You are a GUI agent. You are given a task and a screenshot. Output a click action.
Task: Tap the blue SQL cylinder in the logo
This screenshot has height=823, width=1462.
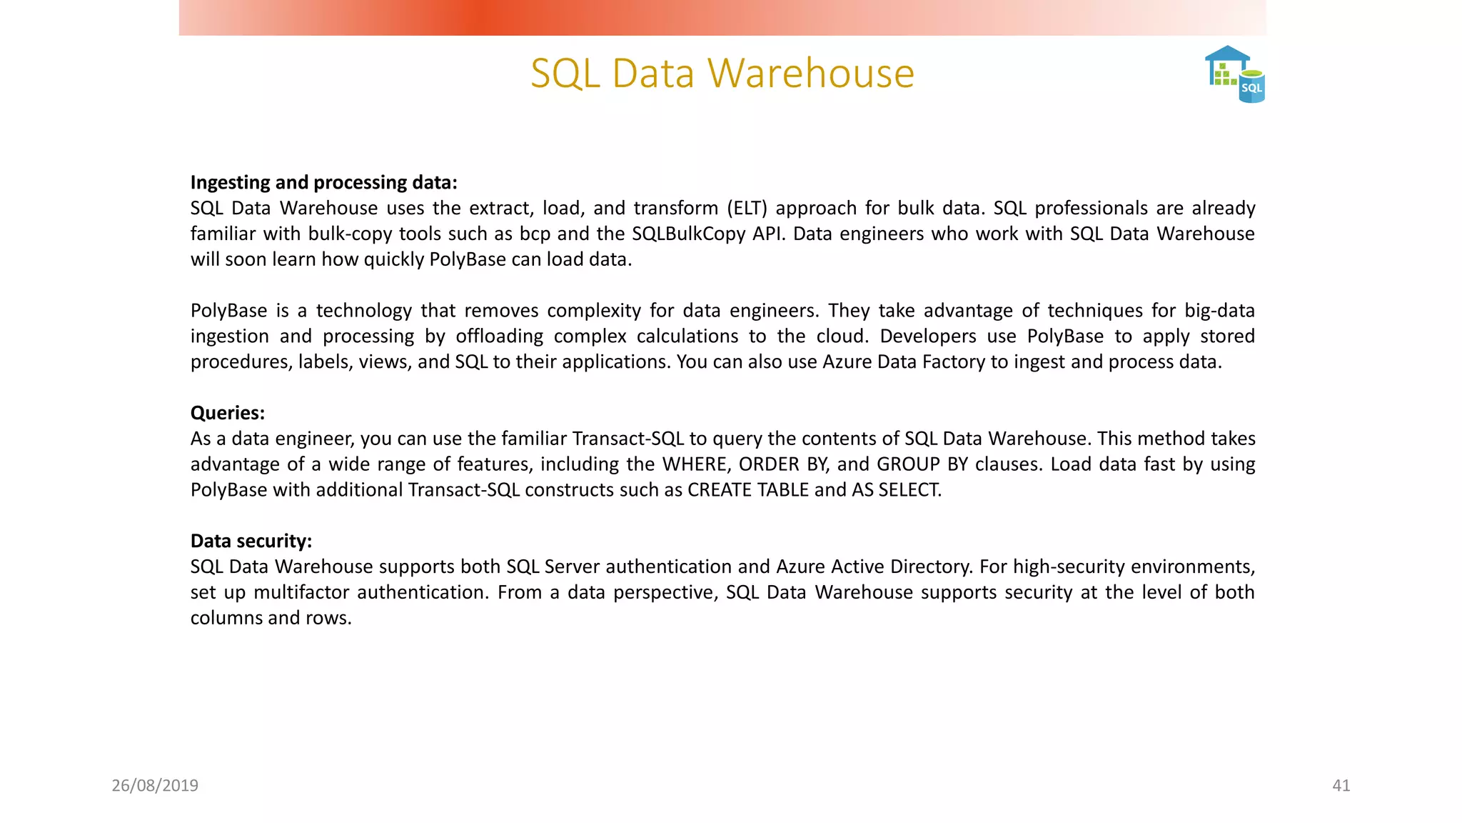point(1251,87)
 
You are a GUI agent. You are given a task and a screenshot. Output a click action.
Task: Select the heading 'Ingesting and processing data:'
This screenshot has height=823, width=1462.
point(323,182)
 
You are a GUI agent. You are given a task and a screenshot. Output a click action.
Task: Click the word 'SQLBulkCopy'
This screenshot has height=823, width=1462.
point(689,234)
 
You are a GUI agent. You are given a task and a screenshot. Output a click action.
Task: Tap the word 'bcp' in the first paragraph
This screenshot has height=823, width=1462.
point(535,234)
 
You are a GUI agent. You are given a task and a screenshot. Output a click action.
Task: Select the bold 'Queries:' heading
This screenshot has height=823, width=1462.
point(227,413)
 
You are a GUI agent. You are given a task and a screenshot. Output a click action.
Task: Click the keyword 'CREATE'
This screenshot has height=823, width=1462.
point(719,490)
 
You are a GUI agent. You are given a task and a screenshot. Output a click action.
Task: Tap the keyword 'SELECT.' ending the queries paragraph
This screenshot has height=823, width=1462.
point(910,490)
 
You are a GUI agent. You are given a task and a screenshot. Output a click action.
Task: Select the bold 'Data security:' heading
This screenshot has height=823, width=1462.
point(251,541)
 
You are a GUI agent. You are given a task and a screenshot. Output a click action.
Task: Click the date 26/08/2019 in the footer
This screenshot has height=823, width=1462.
point(155,785)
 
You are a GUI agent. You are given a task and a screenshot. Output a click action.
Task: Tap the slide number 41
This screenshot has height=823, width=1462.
point(1341,785)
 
